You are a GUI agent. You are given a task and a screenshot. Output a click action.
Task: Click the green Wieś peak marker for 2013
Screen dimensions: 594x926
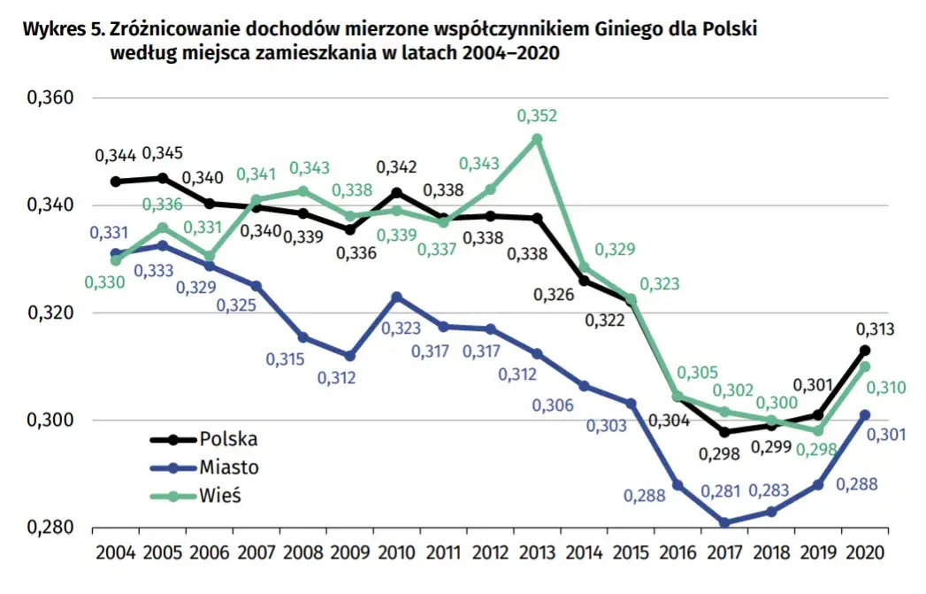coord(536,139)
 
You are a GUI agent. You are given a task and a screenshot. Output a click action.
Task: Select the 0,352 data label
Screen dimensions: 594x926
coord(537,116)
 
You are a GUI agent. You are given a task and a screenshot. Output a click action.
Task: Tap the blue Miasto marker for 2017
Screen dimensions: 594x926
coord(725,523)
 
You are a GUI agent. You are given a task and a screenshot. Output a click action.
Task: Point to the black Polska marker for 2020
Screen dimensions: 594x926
coord(865,351)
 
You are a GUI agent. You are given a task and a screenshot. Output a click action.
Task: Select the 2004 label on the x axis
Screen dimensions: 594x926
coord(115,552)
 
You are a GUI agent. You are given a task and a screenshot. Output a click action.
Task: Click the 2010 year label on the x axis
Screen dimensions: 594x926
coord(396,552)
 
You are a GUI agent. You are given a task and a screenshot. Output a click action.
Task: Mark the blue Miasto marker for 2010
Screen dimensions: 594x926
coord(396,297)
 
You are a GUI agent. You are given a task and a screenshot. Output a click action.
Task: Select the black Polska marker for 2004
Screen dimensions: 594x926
coord(115,181)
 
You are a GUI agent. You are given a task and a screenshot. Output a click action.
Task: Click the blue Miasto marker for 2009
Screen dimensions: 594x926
coord(349,356)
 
